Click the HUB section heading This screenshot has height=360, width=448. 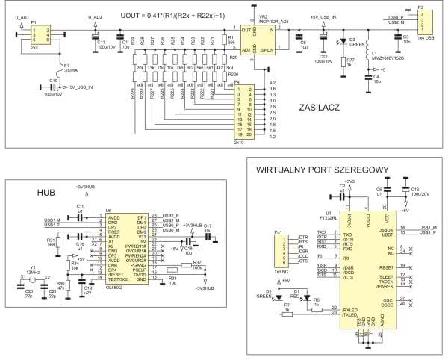tap(47, 193)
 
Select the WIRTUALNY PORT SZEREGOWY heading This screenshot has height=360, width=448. tap(314, 170)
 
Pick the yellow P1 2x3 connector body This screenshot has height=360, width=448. tap(36, 35)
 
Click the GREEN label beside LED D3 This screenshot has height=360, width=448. tap(356, 45)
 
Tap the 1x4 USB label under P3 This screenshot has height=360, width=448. tap(423, 37)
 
